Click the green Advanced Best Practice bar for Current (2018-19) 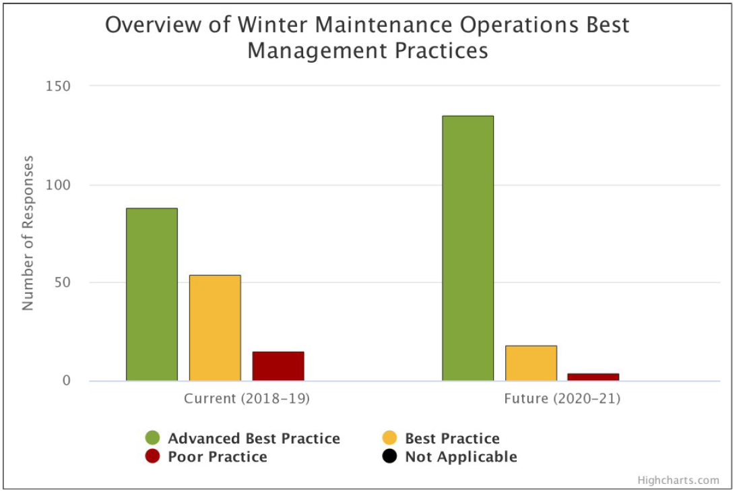click(x=152, y=294)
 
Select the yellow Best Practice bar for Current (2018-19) click(x=215, y=328)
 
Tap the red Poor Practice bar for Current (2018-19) click(x=278, y=366)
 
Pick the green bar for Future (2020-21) click(x=468, y=248)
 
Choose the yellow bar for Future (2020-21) click(x=531, y=363)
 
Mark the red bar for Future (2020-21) click(x=593, y=377)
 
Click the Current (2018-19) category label click(x=247, y=399)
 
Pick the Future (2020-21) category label click(x=562, y=399)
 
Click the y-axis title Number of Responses click(x=28, y=233)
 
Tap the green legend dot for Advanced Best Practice click(x=153, y=439)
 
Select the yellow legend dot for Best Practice click(x=389, y=439)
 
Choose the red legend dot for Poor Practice click(x=153, y=457)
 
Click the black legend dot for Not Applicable click(x=389, y=457)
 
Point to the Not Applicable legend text click(x=461, y=457)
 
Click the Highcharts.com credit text click(x=678, y=480)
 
